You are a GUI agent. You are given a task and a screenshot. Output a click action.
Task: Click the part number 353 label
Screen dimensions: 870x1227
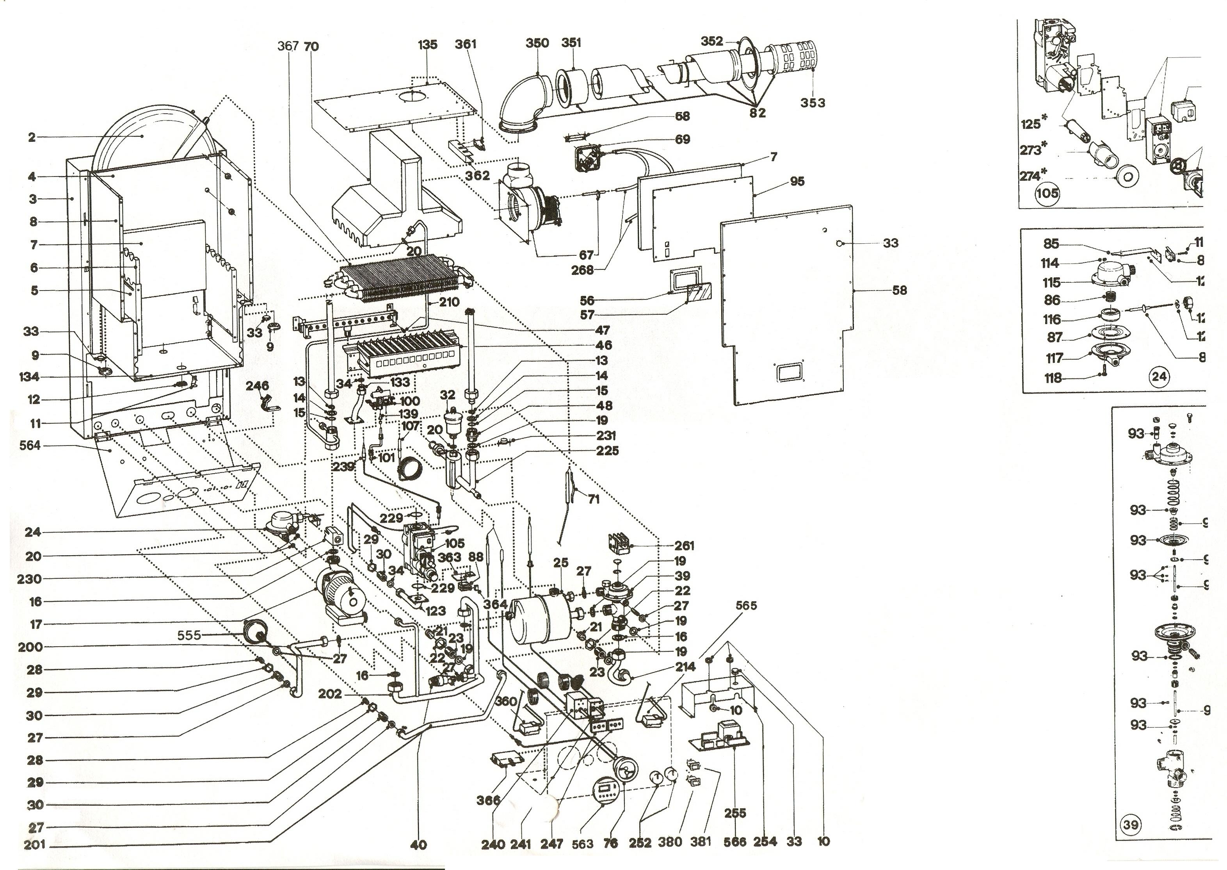tap(813, 102)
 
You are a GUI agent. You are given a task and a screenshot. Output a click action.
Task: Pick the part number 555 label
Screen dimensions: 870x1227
tap(189, 635)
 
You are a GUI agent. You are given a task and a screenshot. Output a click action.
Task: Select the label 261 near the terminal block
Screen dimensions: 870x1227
tap(684, 546)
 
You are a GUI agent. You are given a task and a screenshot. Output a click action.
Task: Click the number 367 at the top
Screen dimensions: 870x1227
tap(288, 46)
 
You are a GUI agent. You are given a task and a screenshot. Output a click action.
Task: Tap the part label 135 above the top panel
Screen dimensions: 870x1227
tap(428, 45)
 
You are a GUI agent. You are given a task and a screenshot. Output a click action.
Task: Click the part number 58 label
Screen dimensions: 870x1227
tap(900, 290)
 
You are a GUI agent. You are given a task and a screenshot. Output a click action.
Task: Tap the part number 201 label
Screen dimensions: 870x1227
tap(35, 845)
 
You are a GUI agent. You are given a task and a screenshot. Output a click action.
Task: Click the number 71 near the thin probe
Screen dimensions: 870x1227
tap(593, 499)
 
